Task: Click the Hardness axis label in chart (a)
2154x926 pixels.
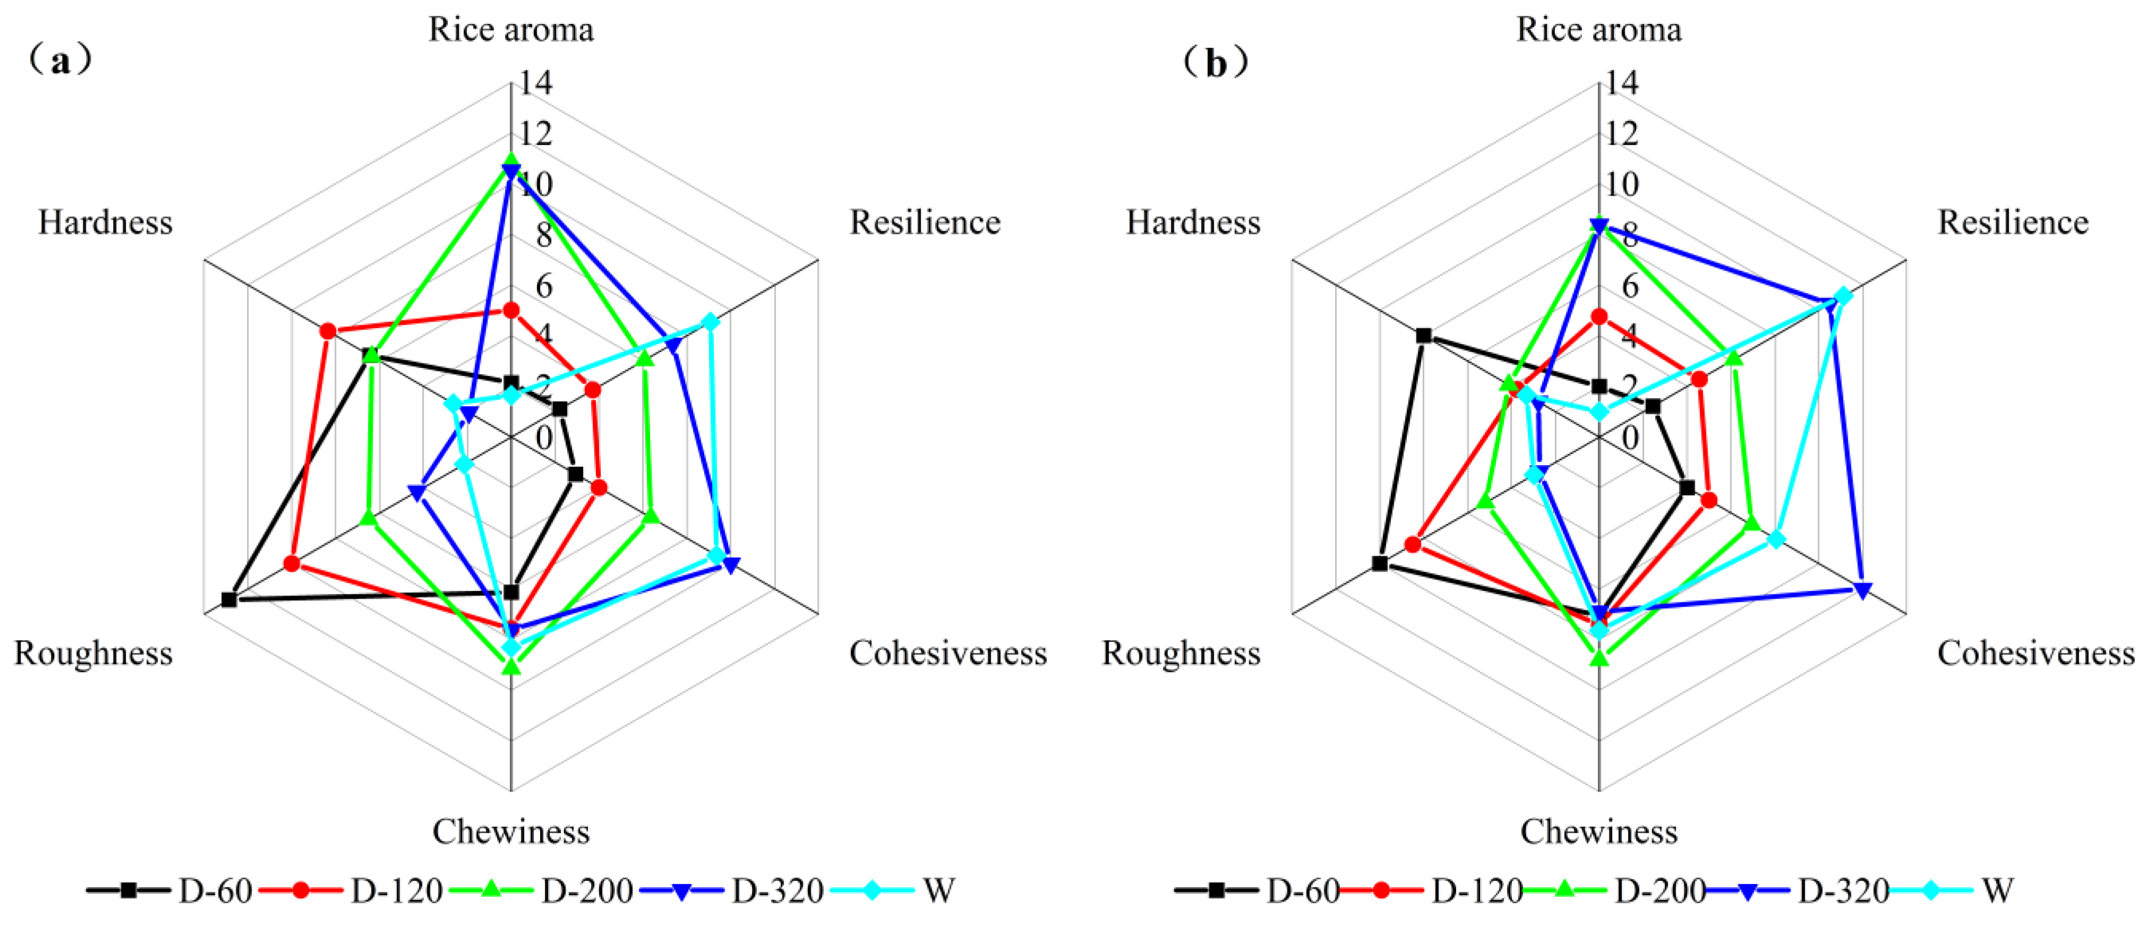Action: (106, 222)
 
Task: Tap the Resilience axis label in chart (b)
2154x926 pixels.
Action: (2013, 222)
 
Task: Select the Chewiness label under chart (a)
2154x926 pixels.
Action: (511, 832)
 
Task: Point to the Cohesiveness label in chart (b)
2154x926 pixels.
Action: (2036, 653)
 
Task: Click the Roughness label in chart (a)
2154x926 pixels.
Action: (93, 653)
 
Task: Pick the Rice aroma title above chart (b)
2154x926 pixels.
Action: (1599, 29)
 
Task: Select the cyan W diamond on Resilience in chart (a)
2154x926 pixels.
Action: (709, 322)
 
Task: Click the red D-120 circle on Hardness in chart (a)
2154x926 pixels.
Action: (328, 332)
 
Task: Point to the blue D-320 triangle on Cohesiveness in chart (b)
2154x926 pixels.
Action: (1862, 590)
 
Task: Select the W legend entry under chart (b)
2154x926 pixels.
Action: (1997, 891)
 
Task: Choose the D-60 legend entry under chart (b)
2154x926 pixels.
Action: (1303, 891)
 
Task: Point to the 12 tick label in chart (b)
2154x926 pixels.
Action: (1622, 133)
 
